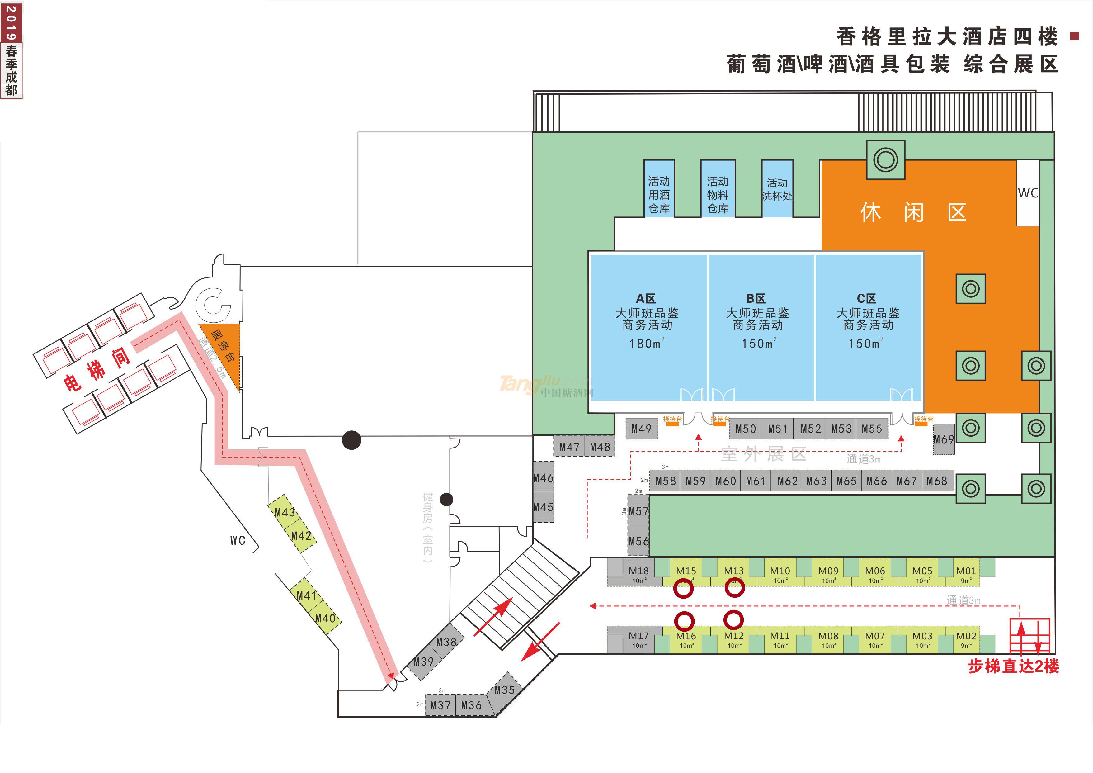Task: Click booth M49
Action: click(641, 429)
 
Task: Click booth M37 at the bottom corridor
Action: click(440, 705)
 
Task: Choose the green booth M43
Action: click(285, 512)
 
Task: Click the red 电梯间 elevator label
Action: click(97, 369)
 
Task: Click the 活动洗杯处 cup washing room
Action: click(777, 189)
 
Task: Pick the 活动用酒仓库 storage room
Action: click(659, 194)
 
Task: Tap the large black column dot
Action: click(351, 440)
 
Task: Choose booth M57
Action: click(638, 511)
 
